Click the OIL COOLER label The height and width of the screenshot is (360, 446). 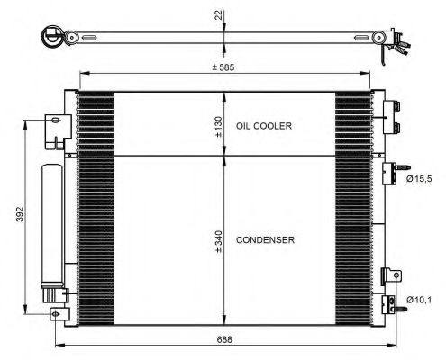(x=264, y=127)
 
